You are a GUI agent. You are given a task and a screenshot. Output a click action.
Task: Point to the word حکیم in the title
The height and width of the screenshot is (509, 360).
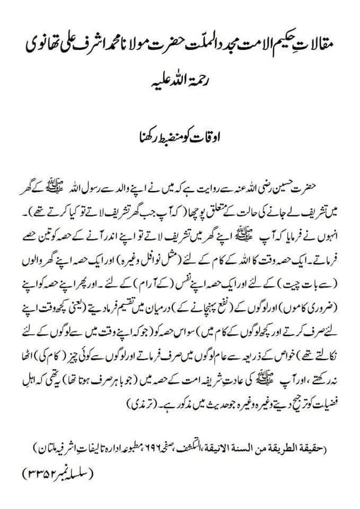[281, 45]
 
